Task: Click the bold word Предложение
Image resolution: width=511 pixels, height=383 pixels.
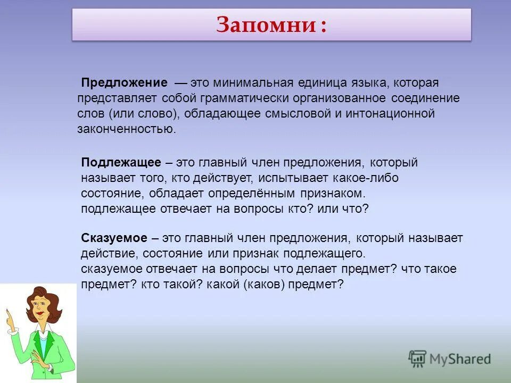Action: tap(124, 84)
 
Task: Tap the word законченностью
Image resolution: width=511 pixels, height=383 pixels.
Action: tap(125, 129)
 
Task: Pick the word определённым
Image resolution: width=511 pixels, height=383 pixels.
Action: tap(237, 193)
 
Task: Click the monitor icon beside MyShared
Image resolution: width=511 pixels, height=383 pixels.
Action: tap(418, 359)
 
